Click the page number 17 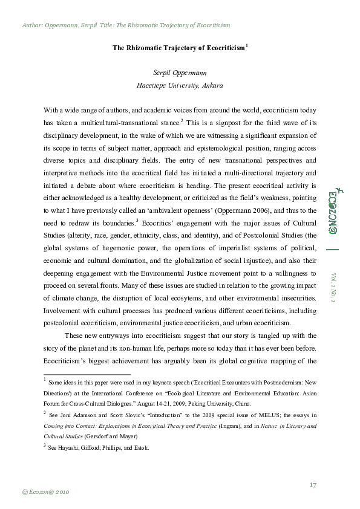pos(313,484)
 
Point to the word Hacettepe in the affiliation pos(154,85)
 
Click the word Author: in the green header pos(32,26)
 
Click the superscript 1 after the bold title pos(247,45)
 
